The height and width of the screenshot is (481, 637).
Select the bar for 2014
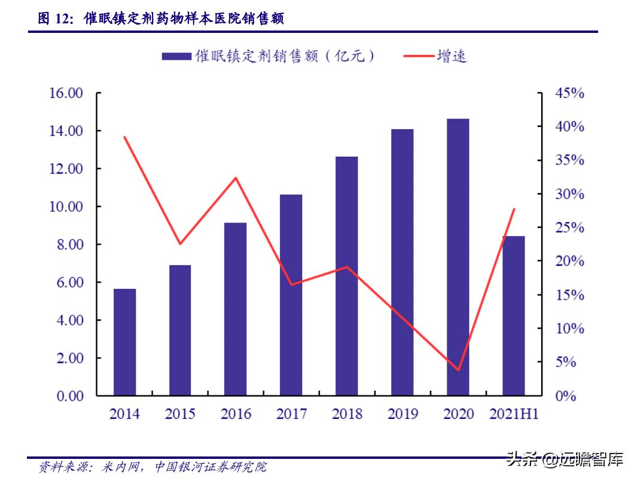coord(124,342)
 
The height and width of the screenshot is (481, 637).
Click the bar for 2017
coord(291,295)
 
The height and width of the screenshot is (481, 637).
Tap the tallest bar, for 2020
coord(458,257)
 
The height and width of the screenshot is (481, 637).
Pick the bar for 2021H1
coord(513,316)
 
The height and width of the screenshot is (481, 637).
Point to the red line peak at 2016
coord(236,178)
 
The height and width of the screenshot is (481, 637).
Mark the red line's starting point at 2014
coord(124,137)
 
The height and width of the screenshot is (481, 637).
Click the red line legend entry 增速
coord(435,56)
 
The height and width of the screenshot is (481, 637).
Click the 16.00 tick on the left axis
coord(66,93)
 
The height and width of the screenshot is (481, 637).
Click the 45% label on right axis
coord(569,93)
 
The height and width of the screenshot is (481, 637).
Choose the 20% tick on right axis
coord(569,261)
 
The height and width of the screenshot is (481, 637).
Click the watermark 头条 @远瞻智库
coord(565,459)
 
